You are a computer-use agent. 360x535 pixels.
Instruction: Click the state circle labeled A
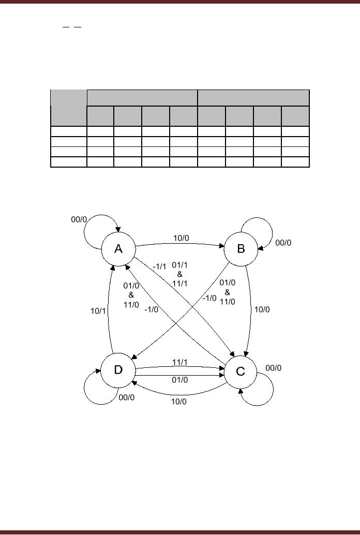point(118,249)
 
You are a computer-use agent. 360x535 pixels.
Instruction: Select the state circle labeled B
point(241,249)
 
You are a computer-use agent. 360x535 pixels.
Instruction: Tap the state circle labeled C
point(241,371)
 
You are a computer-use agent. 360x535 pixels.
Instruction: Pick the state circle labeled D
point(118,370)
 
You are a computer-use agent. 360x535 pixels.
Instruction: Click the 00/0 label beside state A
point(79,219)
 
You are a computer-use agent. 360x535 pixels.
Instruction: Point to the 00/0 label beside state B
point(283,242)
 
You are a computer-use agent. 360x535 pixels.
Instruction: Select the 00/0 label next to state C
point(273,368)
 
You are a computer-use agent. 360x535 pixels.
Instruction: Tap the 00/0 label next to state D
point(126,397)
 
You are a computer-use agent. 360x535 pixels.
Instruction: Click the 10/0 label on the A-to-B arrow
point(181,239)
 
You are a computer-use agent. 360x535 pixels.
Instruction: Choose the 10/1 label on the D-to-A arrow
point(98,310)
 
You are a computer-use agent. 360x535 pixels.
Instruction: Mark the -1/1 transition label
point(160,266)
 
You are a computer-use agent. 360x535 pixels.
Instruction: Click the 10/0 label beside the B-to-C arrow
point(261,309)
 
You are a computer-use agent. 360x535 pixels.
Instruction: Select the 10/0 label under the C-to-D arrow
point(179,402)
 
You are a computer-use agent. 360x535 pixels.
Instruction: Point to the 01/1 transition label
point(179,265)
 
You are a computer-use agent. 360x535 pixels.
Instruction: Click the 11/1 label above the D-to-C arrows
point(180,362)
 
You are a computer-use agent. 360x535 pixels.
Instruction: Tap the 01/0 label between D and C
point(180,380)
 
